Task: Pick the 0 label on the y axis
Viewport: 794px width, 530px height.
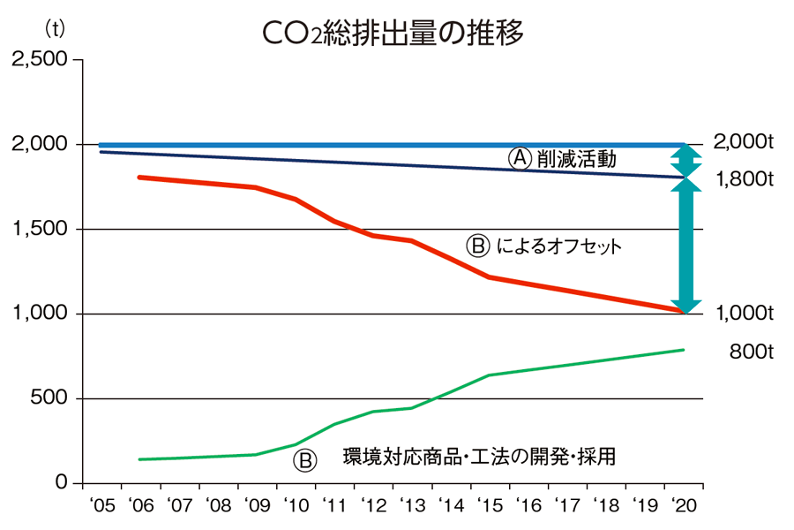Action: click(61, 483)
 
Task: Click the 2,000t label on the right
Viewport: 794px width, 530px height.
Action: click(743, 142)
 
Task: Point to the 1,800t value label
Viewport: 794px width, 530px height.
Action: click(743, 180)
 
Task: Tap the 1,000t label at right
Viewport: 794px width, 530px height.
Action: click(743, 314)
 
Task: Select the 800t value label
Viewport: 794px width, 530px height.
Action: click(751, 352)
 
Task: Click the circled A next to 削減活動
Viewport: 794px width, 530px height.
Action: click(520, 159)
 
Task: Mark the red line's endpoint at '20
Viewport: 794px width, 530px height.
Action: click(682, 311)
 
